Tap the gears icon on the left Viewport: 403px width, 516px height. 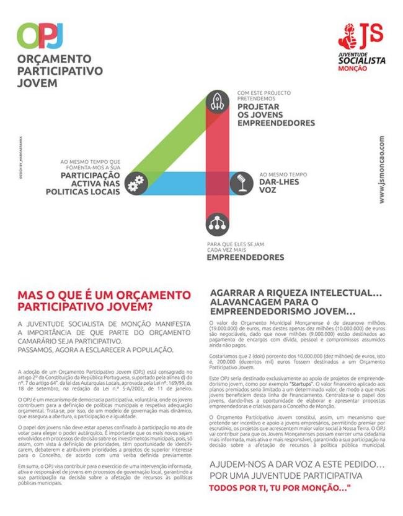click(x=135, y=183)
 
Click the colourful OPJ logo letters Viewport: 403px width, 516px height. click(x=40, y=35)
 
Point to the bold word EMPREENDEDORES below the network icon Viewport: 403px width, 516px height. click(x=246, y=257)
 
